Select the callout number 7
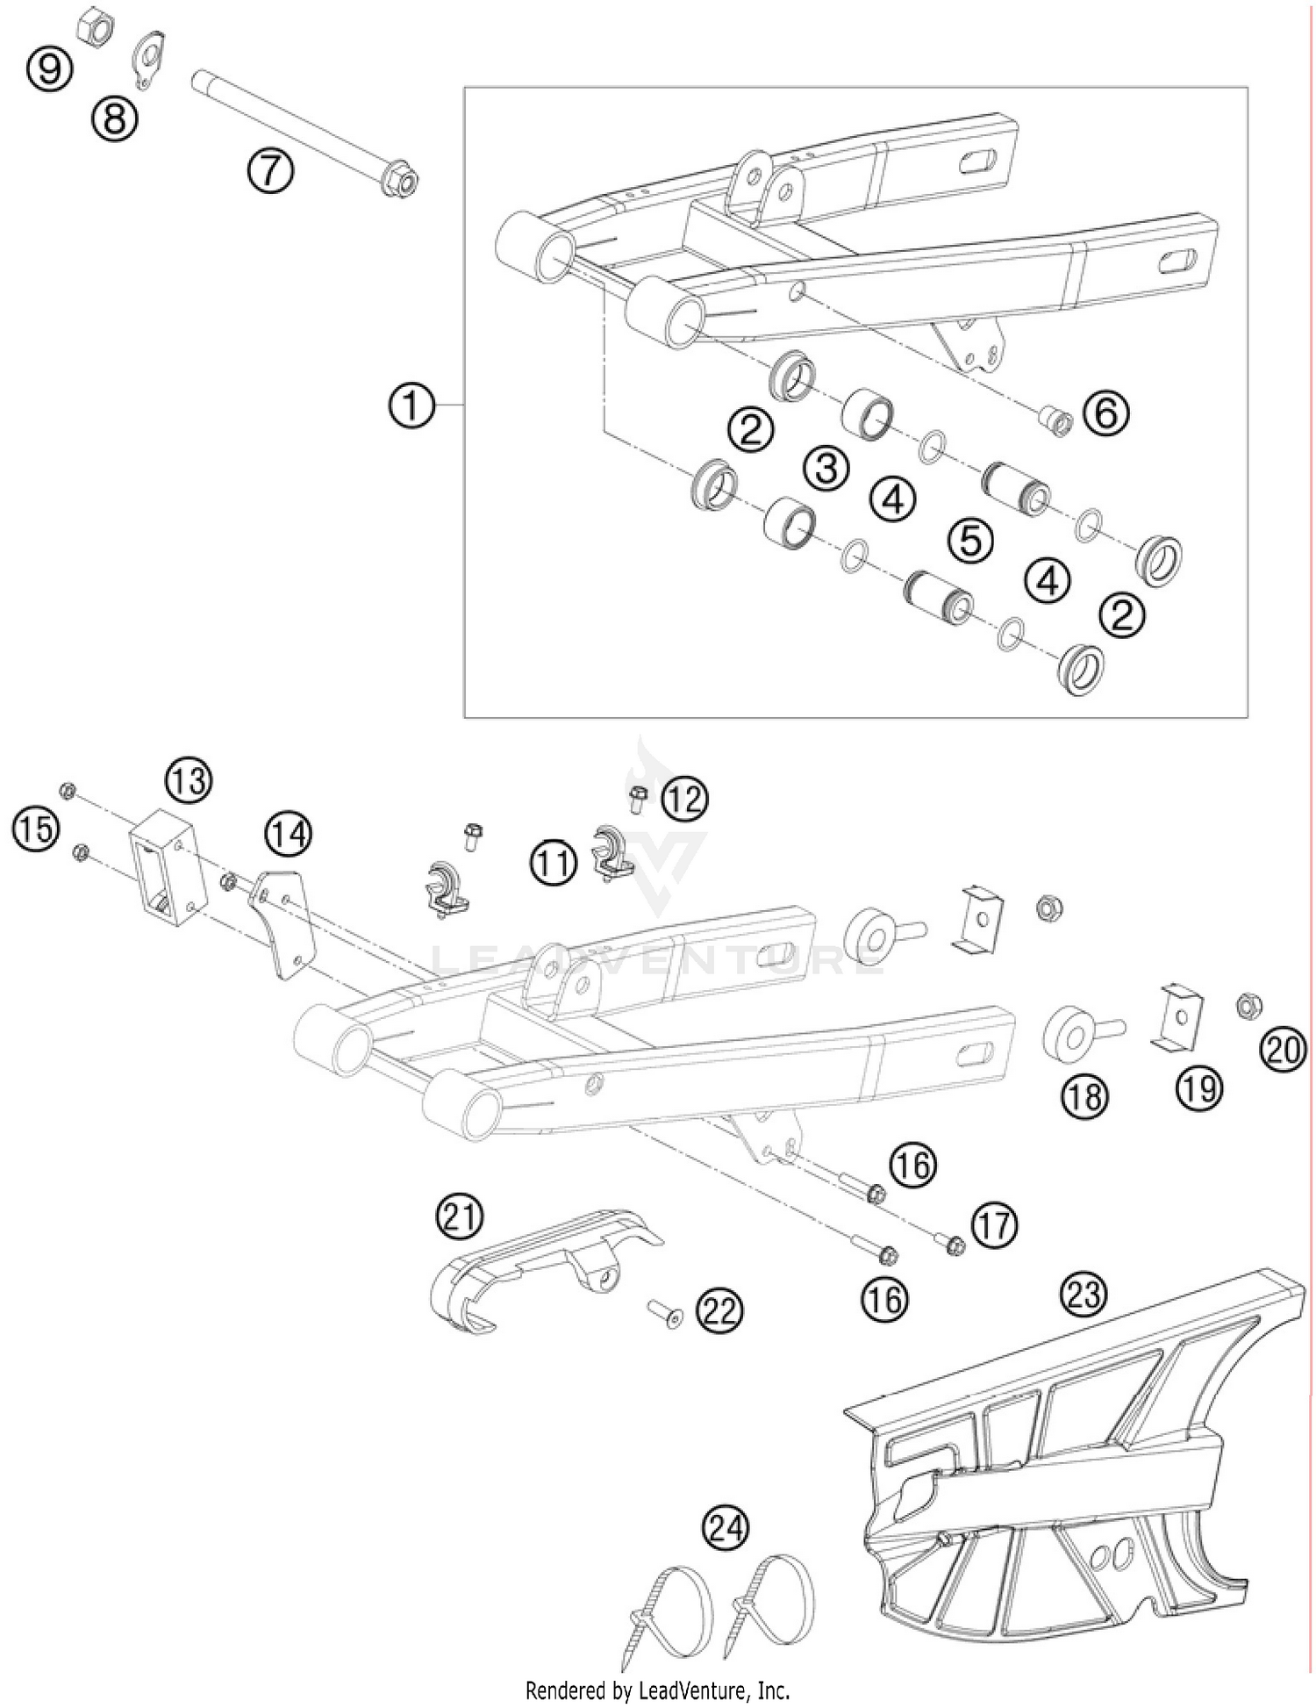coord(269,170)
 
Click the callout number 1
coord(411,406)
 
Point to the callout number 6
coord(1106,413)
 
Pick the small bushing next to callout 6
coord(1055,420)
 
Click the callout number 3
coord(826,467)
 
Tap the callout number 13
coord(189,779)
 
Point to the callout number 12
coord(683,799)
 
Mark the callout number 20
coord(1283,1049)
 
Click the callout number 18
coord(1085,1096)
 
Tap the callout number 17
coord(994,1225)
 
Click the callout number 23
coord(1084,1294)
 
